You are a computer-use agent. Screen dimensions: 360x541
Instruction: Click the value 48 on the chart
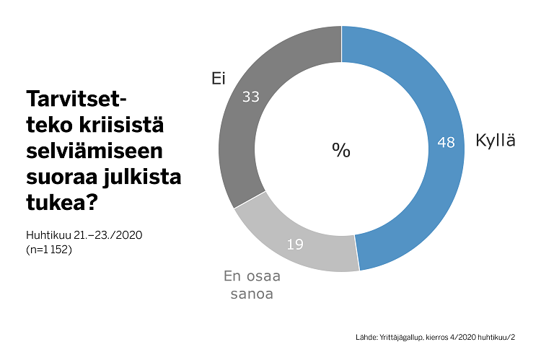[x=446, y=142]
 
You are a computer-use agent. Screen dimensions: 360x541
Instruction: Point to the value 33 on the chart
[x=251, y=97]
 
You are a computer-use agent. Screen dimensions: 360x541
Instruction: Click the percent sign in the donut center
[x=340, y=150]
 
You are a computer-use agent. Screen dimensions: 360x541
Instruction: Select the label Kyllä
[x=496, y=141]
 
